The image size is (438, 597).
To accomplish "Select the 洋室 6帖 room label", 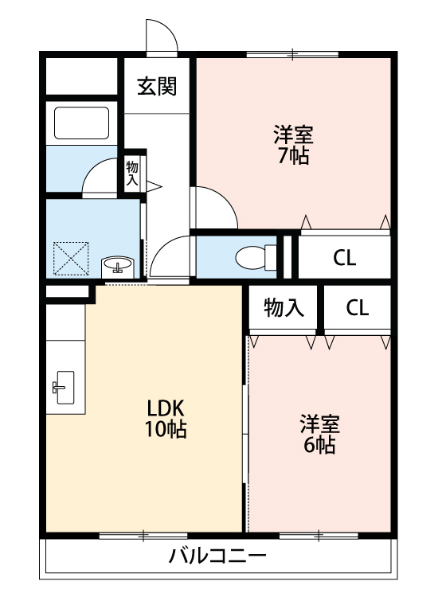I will pyautogui.click(x=318, y=434).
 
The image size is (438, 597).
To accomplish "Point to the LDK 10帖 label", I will pyautogui.click(x=166, y=419).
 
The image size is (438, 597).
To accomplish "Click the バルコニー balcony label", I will pyautogui.click(x=217, y=556).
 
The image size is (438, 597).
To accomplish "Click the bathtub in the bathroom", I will pyautogui.click(x=80, y=123).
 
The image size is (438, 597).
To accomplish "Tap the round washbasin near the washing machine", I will pyautogui.click(x=119, y=265).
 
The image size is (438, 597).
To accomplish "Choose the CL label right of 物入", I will pyautogui.click(x=358, y=309).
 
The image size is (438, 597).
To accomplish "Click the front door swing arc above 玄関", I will pyautogui.click(x=160, y=34).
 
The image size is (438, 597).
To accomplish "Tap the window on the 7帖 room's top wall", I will pyautogui.click(x=292, y=55).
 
